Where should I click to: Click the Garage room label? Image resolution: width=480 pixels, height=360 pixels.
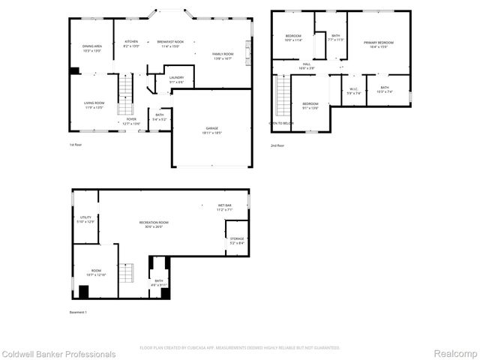coord(213,130)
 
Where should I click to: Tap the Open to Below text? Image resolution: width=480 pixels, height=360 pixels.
coord(281,123)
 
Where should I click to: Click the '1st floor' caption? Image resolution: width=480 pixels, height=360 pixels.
coord(76,145)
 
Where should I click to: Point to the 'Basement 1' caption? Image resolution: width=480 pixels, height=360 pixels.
coord(79,312)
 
